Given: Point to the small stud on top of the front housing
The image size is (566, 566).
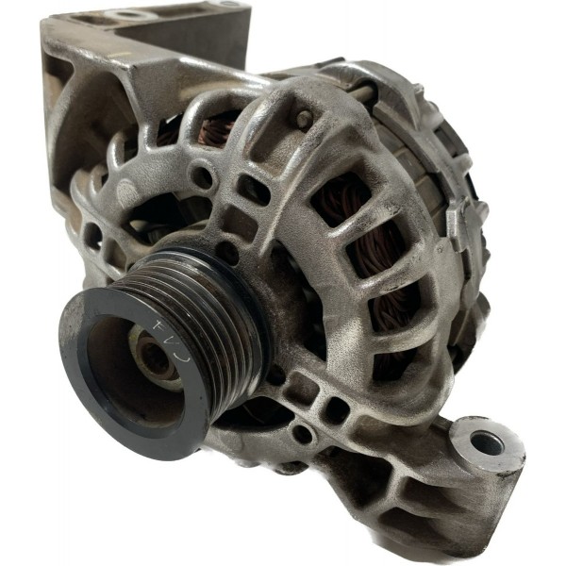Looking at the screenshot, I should point(304,118).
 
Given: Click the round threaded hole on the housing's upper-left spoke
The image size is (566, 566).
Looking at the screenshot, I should point(201,175).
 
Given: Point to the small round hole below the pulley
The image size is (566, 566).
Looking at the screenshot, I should point(302,434).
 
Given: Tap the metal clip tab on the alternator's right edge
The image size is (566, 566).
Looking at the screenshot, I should point(457,226).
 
